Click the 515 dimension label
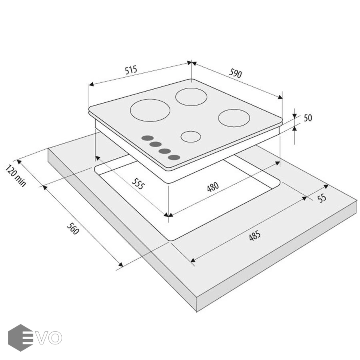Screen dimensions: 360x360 (131, 70)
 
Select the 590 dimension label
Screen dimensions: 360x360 (235, 73)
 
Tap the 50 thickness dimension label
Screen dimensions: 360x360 (308, 118)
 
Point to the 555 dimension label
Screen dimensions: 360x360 (138, 184)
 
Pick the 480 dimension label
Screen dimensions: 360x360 (213, 187)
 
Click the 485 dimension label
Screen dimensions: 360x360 (255, 236)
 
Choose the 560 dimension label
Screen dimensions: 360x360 (73, 228)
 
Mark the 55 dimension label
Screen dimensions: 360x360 (322, 198)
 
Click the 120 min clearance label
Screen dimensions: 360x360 (16, 176)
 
